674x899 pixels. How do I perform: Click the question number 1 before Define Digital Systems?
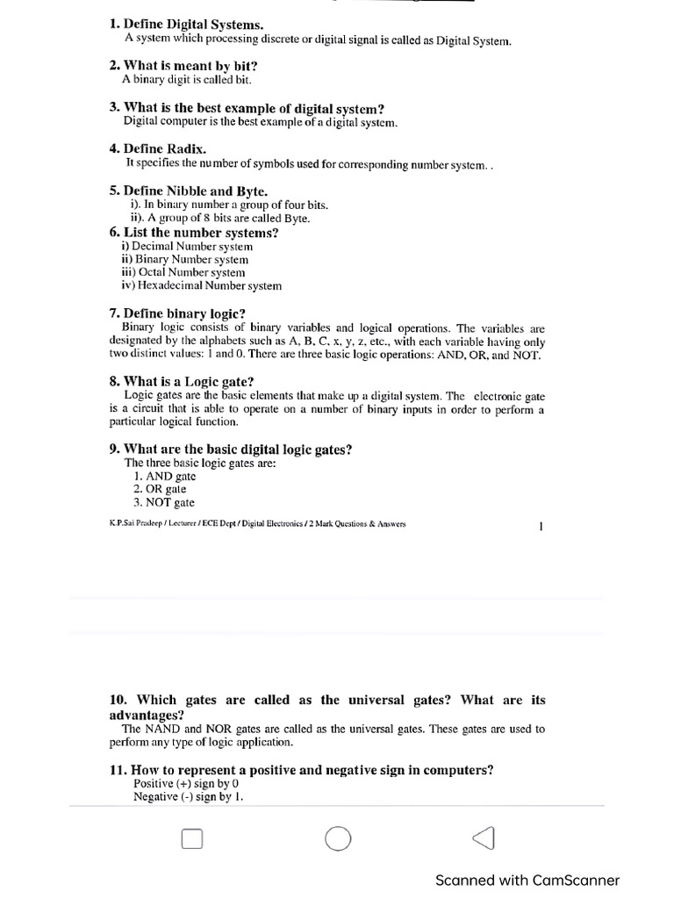pos(113,26)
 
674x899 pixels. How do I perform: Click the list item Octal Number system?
pos(183,272)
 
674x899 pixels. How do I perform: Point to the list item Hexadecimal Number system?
pos(201,285)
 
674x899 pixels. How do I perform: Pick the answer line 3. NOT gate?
pos(164,503)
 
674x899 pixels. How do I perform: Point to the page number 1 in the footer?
pos(541,527)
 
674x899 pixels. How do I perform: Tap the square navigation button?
pos(192,840)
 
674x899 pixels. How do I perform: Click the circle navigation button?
pos(337,839)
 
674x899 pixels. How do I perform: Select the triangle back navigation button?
pos(483,839)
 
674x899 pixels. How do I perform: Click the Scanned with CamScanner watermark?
pos(527,881)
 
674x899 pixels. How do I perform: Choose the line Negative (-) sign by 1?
pos(188,797)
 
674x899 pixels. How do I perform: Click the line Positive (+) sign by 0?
pos(186,783)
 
